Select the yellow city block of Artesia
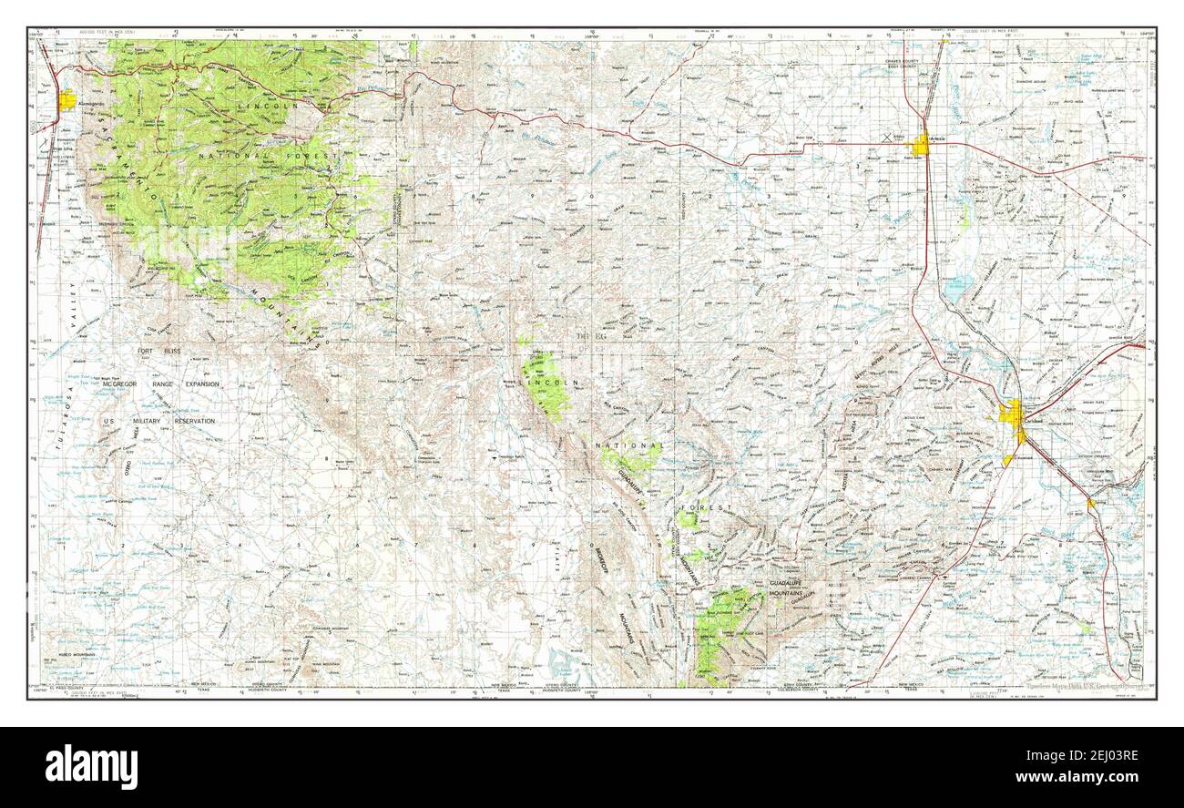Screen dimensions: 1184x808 point(922,144)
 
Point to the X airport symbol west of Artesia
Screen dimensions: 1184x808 point(888,138)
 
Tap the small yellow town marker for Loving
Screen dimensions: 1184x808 point(1090,502)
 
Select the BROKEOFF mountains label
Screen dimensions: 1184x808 point(601,556)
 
